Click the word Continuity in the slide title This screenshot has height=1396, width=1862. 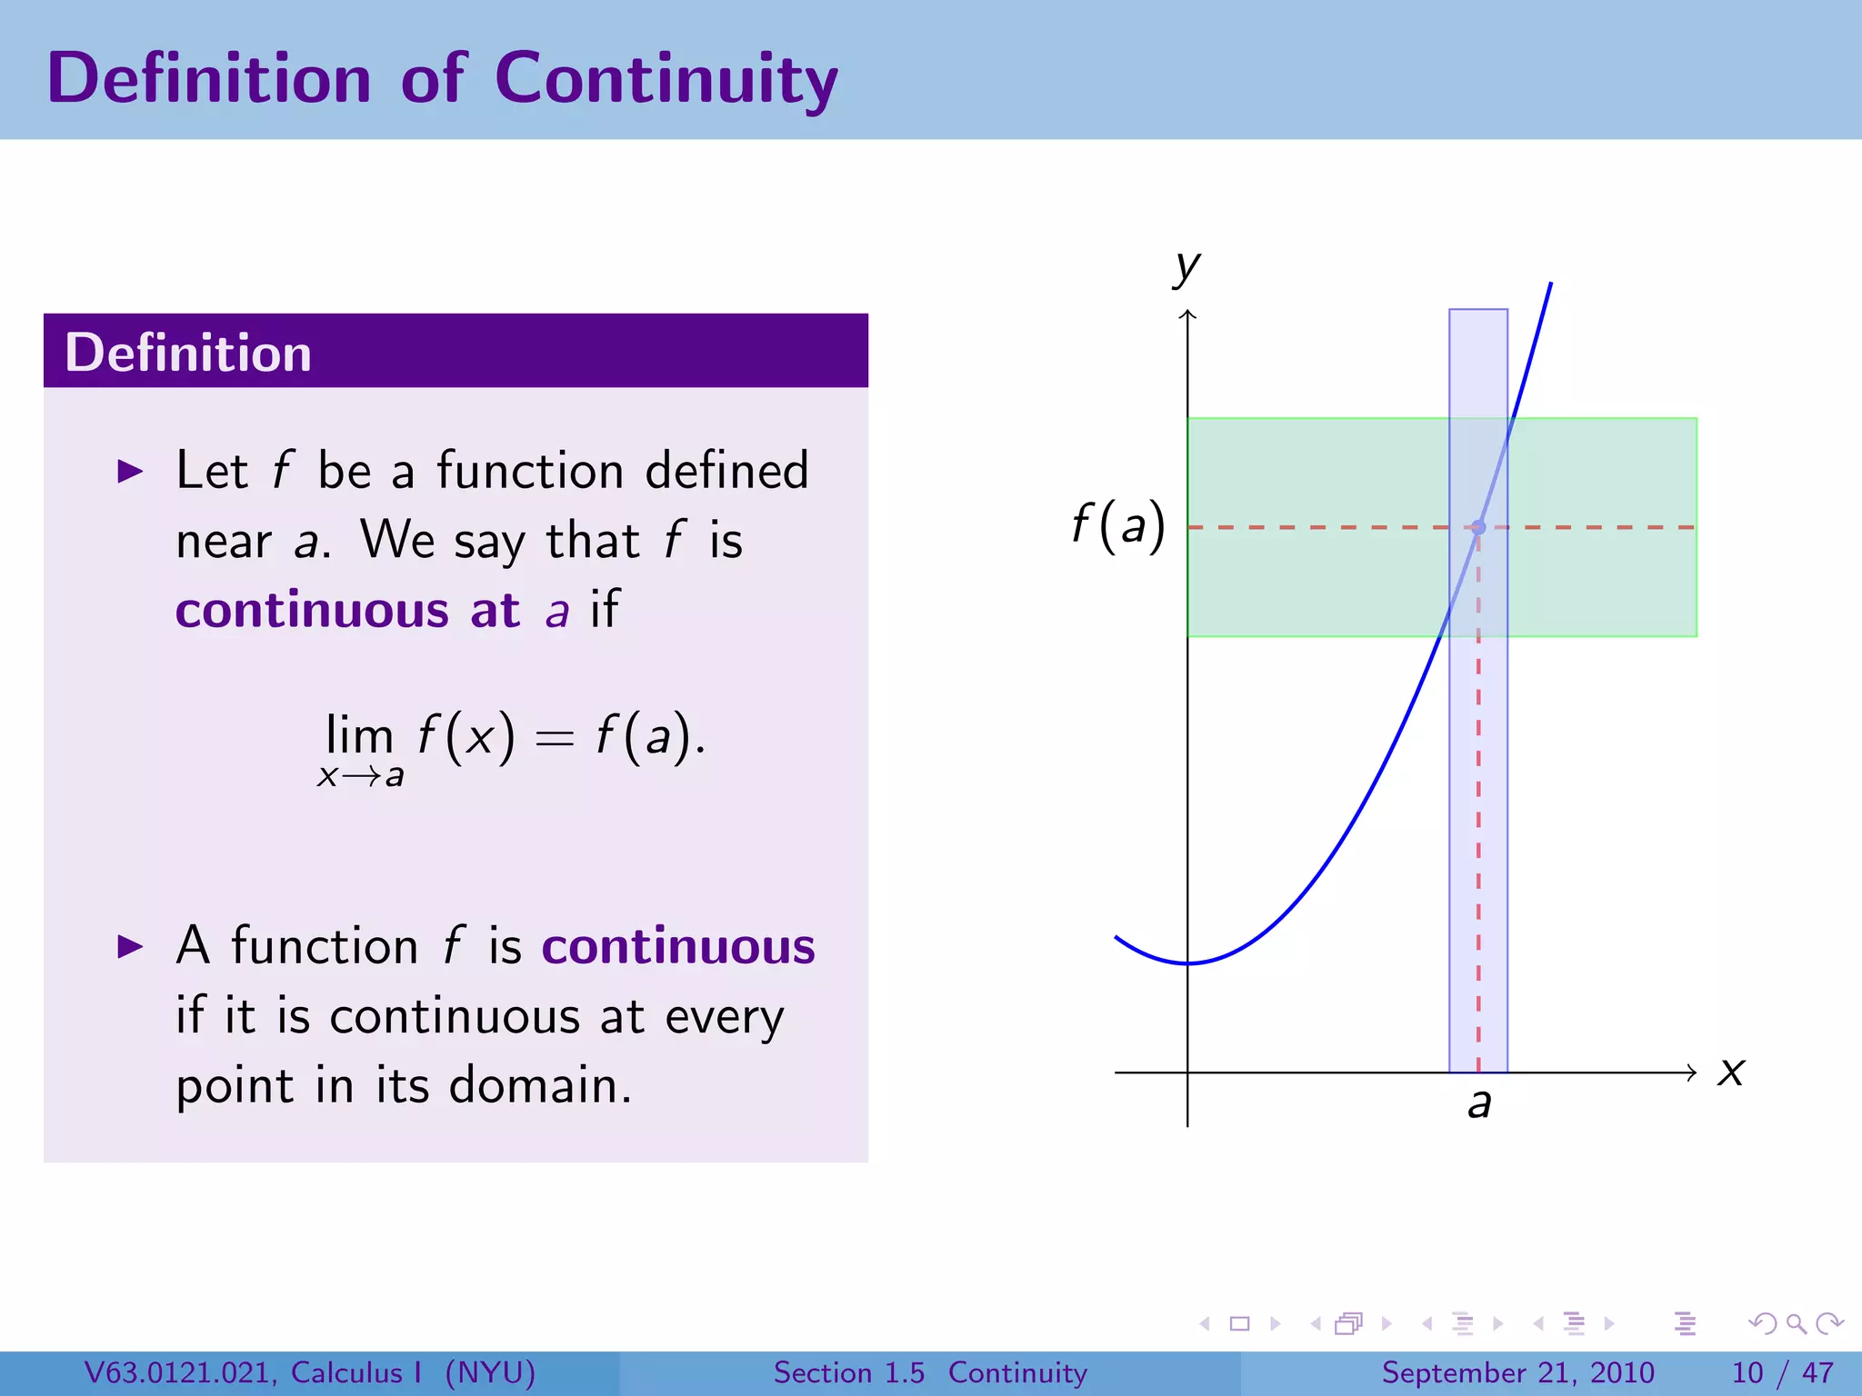(x=666, y=80)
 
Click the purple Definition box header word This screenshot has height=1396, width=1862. (x=188, y=353)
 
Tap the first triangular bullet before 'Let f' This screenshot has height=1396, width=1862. (x=131, y=472)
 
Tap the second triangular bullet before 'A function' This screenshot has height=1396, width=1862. (x=131, y=947)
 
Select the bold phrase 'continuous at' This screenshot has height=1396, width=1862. (x=347, y=610)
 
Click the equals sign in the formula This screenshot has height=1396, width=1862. (x=554, y=738)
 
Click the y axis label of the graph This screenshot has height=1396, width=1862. (x=1186, y=268)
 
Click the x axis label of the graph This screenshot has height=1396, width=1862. (x=1731, y=1072)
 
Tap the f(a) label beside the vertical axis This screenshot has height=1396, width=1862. (x=1117, y=526)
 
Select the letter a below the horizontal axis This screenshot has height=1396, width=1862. (x=1479, y=1103)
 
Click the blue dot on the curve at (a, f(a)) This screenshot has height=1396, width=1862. (x=1478, y=527)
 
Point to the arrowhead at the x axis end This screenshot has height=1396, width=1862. (x=1692, y=1072)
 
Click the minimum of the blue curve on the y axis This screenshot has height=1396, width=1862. (x=1187, y=962)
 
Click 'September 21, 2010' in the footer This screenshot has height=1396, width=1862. (x=1517, y=1372)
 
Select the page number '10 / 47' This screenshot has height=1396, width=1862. (x=1782, y=1372)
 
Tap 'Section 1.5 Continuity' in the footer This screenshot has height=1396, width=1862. (x=929, y=1372)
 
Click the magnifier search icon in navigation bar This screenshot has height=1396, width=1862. (x=1796, y=1323)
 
